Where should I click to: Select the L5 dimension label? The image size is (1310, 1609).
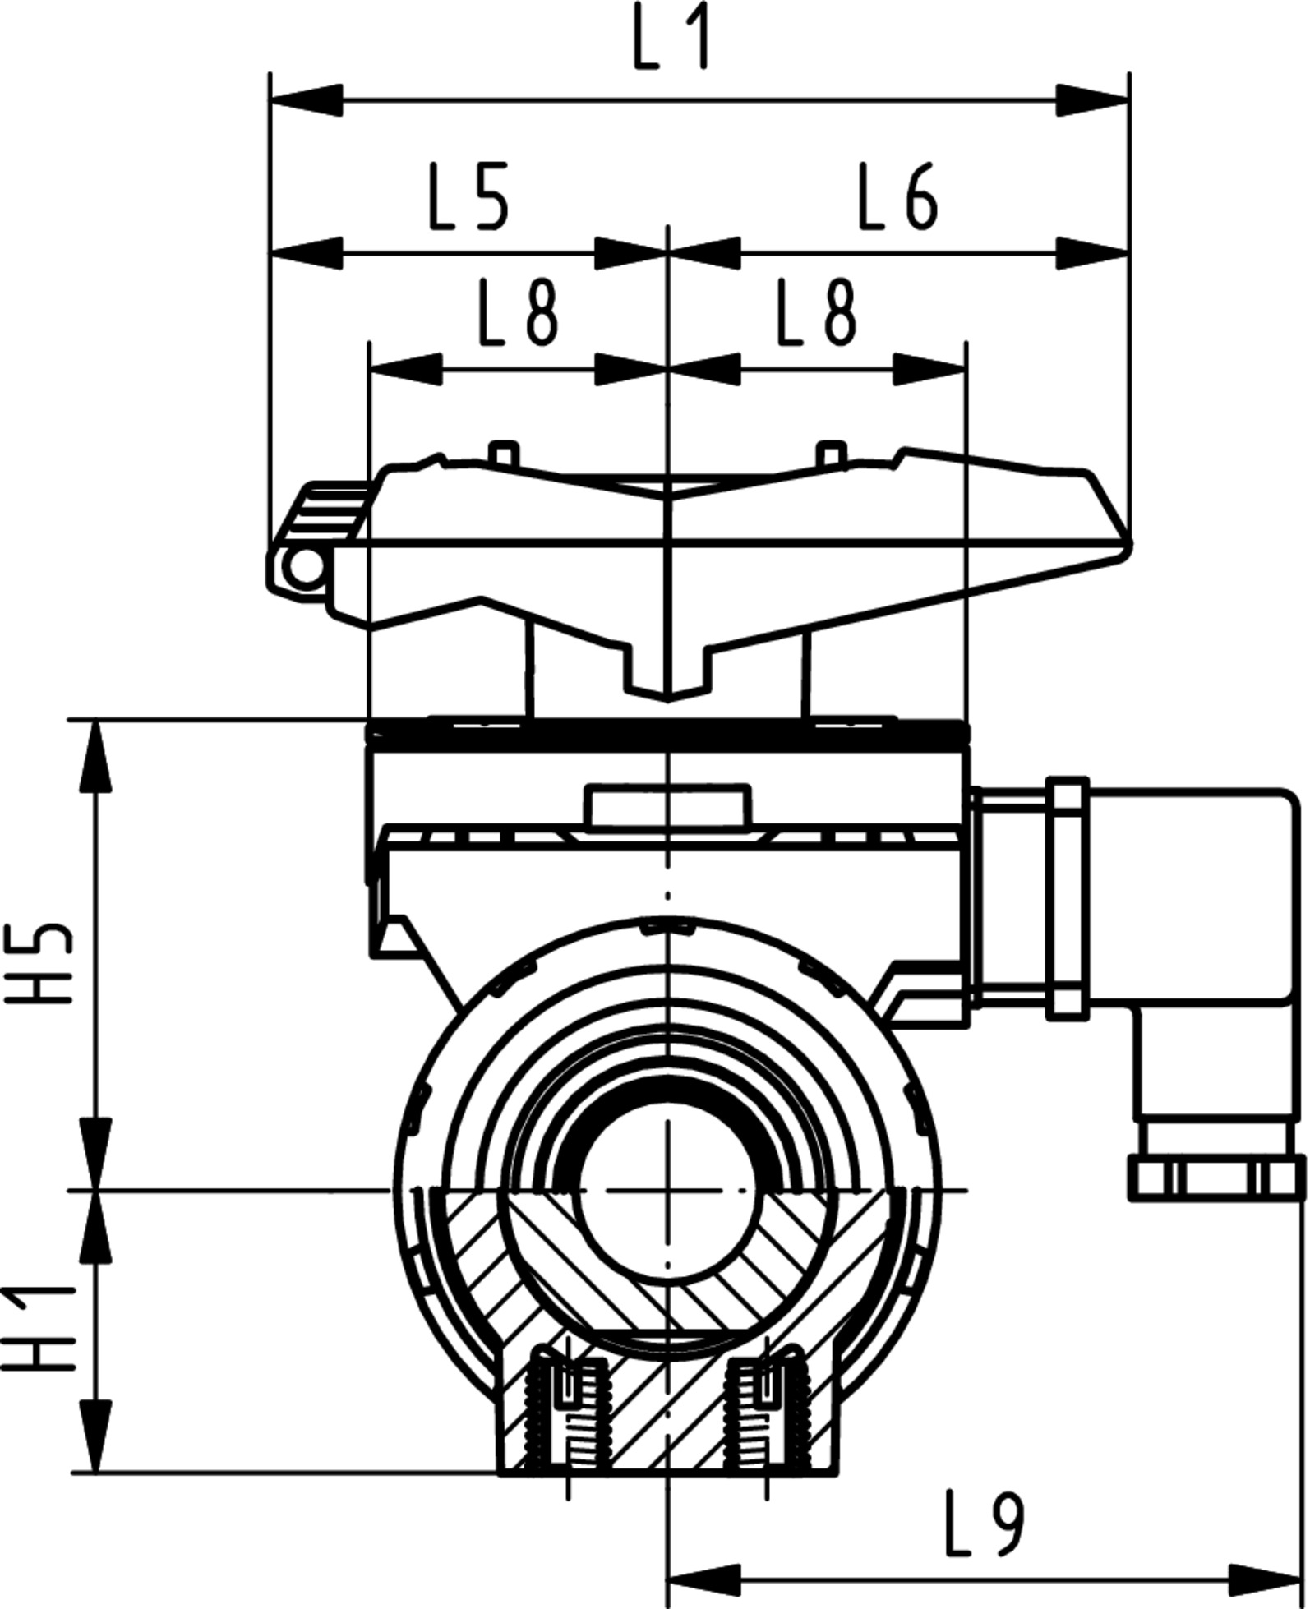pos(469,196)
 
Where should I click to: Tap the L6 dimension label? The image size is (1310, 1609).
pos(897,196)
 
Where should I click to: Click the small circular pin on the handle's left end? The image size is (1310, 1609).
pos(305,567)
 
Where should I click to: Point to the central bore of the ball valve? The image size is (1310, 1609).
pos(667,1190)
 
